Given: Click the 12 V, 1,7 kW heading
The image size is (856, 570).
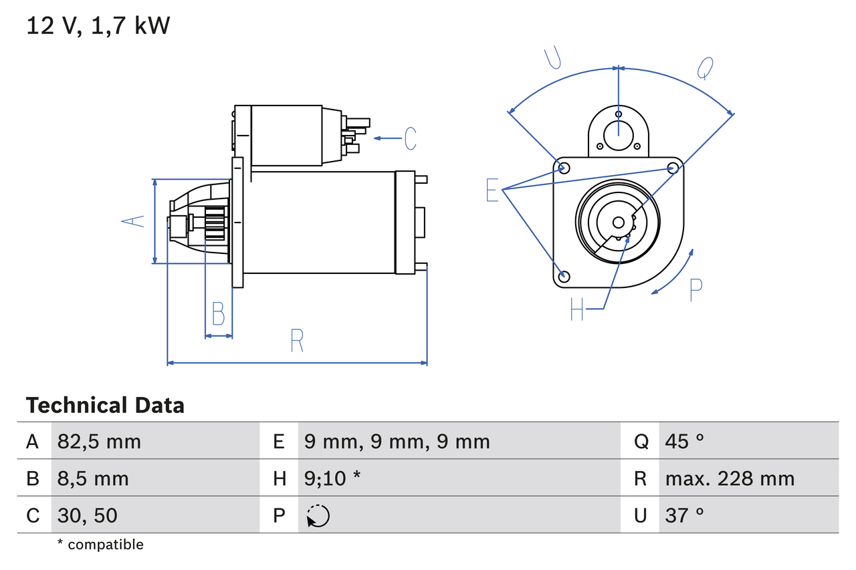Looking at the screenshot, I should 98,26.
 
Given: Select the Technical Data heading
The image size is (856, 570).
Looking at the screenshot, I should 105,406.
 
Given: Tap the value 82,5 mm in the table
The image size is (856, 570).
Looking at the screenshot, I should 99,441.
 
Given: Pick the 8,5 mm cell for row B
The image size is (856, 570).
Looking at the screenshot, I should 93,478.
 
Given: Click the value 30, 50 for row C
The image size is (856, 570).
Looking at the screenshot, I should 88,515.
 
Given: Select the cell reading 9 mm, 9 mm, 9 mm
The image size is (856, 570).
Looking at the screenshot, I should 397,441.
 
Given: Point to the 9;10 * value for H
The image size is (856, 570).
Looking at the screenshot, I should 332,478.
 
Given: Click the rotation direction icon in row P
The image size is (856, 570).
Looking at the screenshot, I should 318,516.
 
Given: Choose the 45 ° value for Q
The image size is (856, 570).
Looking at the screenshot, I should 685,441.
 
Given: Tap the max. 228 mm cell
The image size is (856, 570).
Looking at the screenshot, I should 730,478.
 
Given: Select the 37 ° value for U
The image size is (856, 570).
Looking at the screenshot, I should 685,515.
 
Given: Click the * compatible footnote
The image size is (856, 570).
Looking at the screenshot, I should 100,545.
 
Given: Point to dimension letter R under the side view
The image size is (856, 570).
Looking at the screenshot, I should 297,341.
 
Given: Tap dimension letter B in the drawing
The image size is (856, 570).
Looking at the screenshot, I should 218,313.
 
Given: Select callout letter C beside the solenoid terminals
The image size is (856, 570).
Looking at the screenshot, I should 411,138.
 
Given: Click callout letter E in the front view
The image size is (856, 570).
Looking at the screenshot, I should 492,190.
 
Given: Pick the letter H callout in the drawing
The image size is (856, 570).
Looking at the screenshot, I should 577,309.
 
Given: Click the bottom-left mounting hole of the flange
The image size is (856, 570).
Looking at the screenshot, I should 564,276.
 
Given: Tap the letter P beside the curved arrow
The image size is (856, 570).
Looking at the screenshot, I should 696,290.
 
